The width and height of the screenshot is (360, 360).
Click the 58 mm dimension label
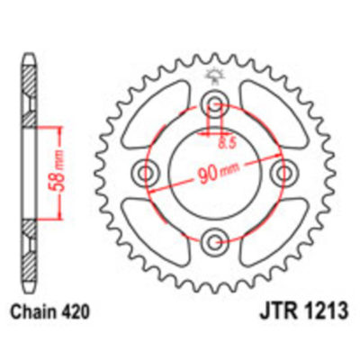tap(53, 170)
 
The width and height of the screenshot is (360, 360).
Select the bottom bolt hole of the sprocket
tap(215, 240)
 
